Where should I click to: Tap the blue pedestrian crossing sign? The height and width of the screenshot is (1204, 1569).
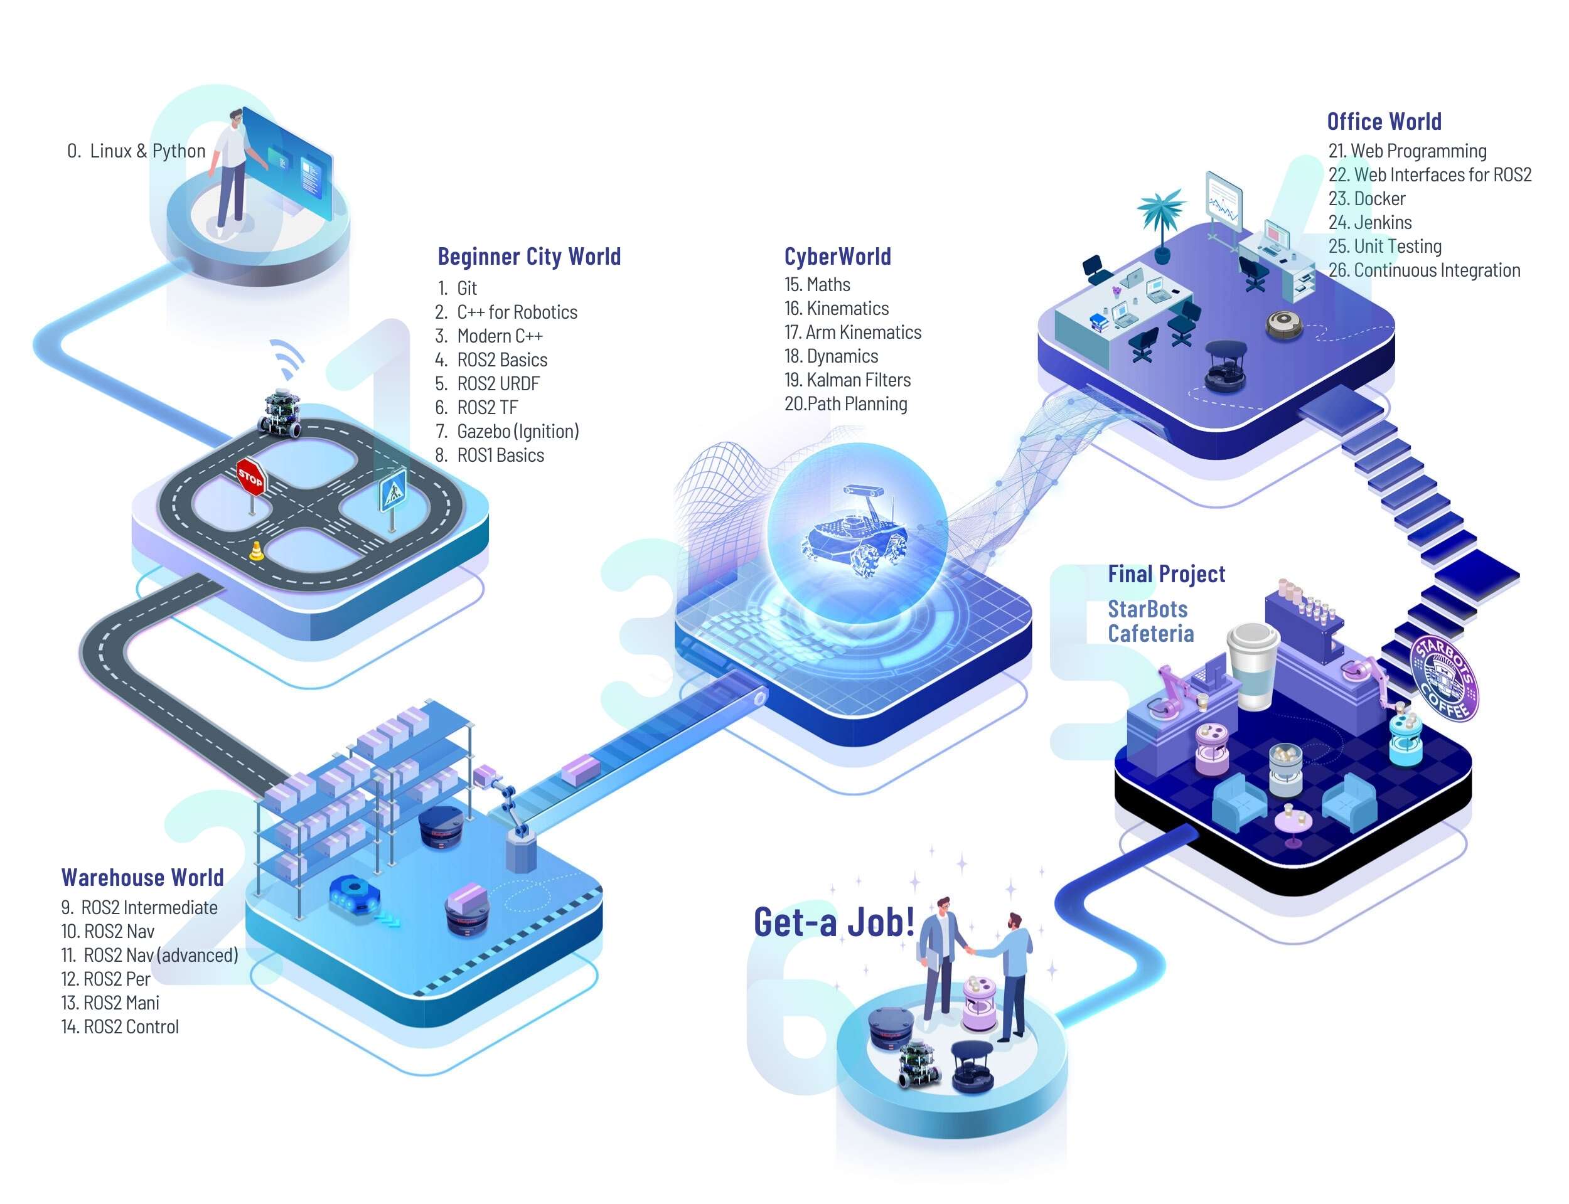pos(392,489)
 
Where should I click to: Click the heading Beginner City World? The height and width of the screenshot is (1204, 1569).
pos(529,256)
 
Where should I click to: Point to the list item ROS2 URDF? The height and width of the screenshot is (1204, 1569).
pos(488,383)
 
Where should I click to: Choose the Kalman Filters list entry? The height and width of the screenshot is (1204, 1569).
pos(847,380)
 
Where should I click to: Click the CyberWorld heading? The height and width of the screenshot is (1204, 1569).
pos(837,256)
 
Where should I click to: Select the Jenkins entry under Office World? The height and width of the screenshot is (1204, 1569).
pos(1370,222)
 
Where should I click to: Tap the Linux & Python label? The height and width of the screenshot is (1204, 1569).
pos(136,151)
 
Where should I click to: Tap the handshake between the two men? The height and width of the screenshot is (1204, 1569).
pos(969,951)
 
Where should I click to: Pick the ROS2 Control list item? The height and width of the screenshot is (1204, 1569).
pos(120,1026)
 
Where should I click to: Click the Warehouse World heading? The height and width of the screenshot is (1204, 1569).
pos(142,877)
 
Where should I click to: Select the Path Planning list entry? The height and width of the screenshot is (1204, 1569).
pos(846,403)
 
